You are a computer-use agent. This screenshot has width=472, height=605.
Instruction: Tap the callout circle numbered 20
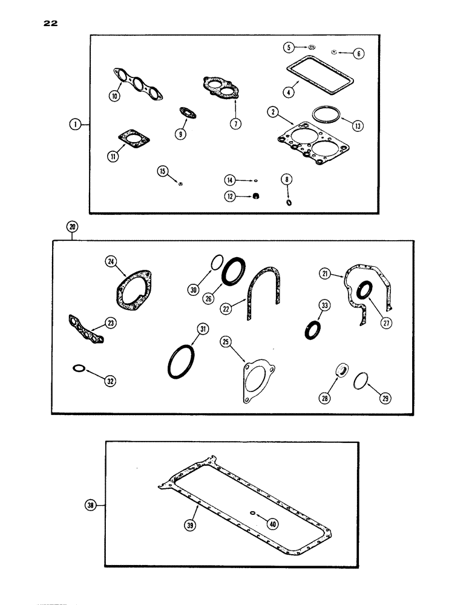coord(72,227)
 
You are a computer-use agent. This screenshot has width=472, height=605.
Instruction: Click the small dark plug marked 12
coord(256,195)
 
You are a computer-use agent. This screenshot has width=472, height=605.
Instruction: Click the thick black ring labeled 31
coord(179,369)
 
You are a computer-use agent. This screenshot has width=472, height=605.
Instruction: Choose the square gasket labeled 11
coord(132,137)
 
